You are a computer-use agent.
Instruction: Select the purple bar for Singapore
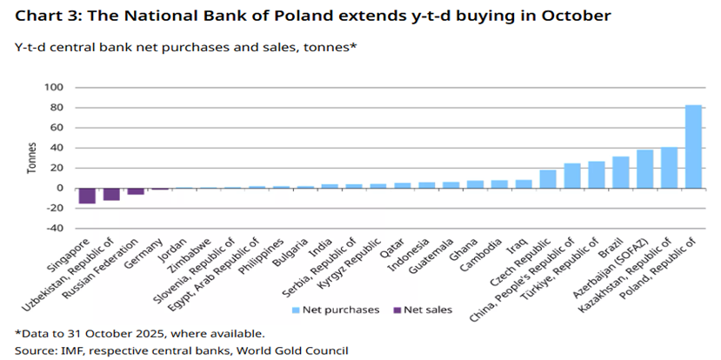tap(87, 196)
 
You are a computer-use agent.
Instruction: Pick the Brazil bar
tap(620, 172)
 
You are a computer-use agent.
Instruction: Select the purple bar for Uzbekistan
tap(111, 194)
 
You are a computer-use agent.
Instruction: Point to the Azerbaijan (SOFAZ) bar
tap(644, 169)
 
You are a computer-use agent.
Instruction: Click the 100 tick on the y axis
tap(54, 88)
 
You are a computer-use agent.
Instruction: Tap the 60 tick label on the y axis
tap(57, 128)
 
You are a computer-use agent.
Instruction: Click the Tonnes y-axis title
tap(32, 158)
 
